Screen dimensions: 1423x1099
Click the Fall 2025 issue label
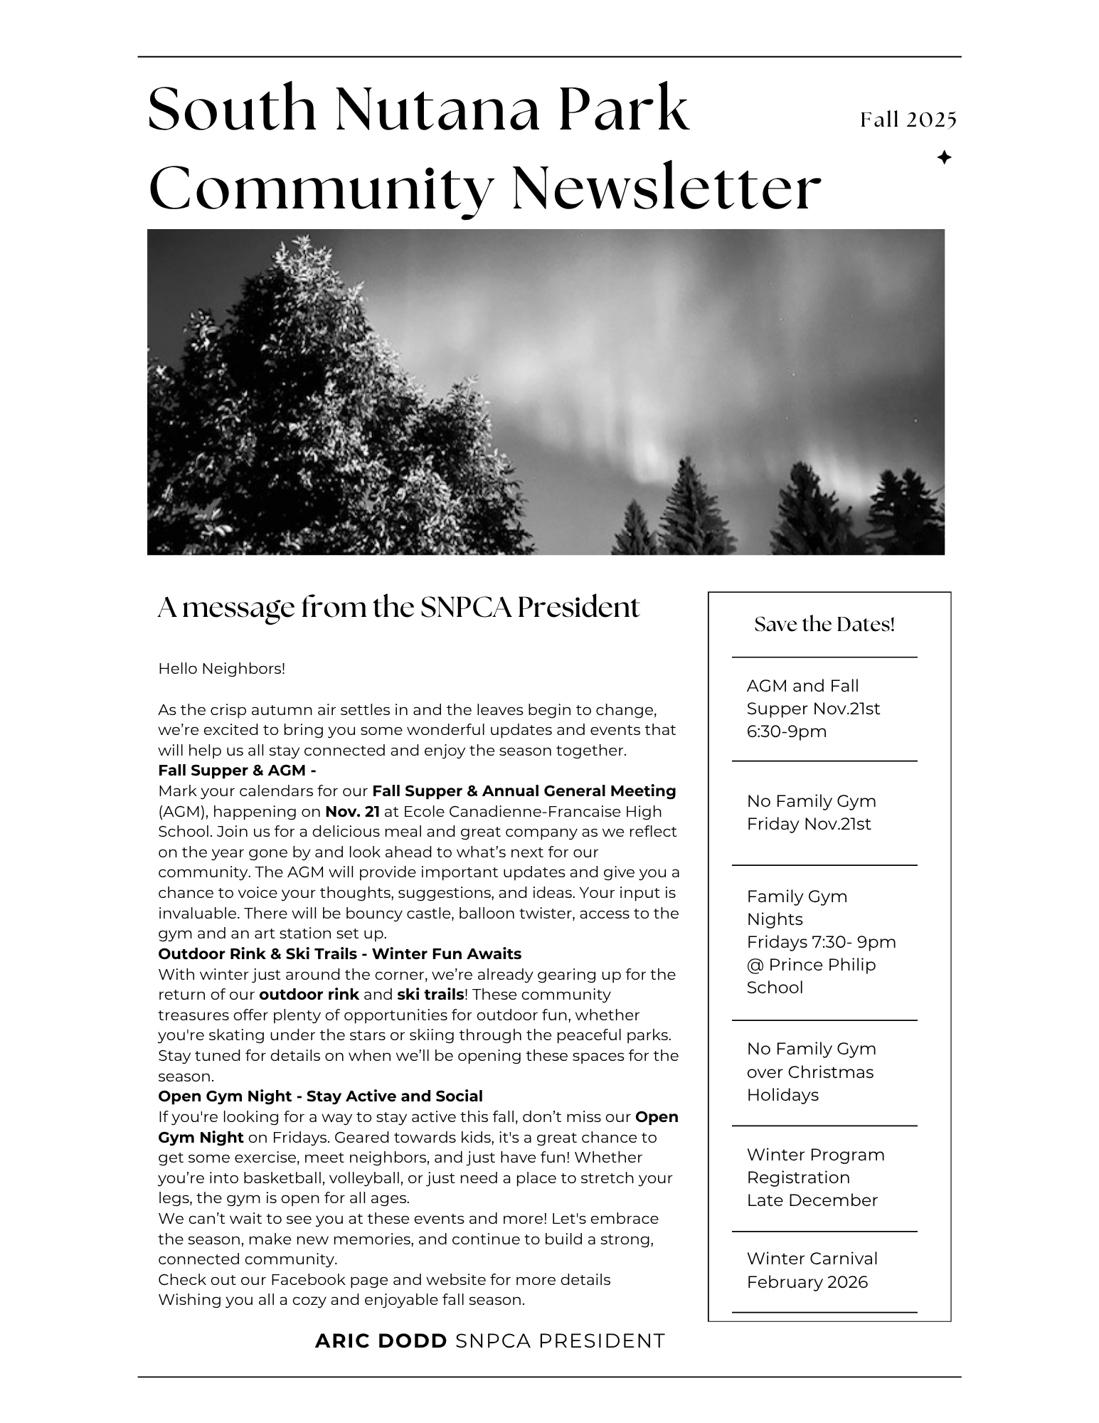tap(908, 120)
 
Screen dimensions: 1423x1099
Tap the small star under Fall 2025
tap(944, 158)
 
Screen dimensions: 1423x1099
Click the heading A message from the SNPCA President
tap(398, 608)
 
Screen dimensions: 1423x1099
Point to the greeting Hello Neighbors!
tap(221, 669)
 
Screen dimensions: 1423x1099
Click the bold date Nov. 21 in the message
tap(352, 811)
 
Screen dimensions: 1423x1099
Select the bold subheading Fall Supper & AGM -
tap(237, 771)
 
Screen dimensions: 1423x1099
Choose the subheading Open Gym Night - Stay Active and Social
tap(320, 1096)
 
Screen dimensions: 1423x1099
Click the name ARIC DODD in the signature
tap(381, 1341)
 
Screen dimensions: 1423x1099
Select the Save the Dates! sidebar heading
tap(824, 625)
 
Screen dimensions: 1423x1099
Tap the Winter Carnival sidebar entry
tap(812, 1259)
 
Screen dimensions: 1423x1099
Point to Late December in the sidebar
tap(812, 1200)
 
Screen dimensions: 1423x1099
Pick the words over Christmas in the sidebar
tap(809, 1072)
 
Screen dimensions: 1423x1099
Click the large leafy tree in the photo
tap(306, 398)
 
